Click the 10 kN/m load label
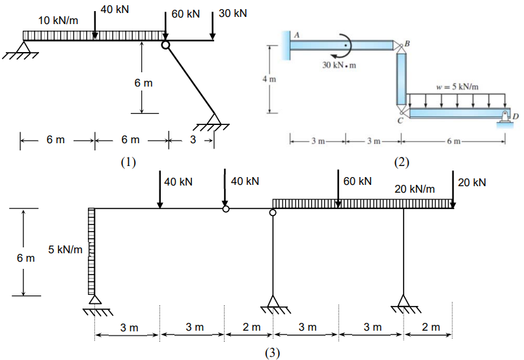[x=57, y=20]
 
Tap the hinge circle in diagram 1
[x=165, y=44]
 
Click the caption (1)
[x=128, y=162]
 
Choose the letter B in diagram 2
[x=407, y=43]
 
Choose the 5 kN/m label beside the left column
[x=65, y=250]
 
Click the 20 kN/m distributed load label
[x=415, y=189]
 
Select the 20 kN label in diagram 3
[x=472, y=182]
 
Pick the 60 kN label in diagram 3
[x=357, y=181]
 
